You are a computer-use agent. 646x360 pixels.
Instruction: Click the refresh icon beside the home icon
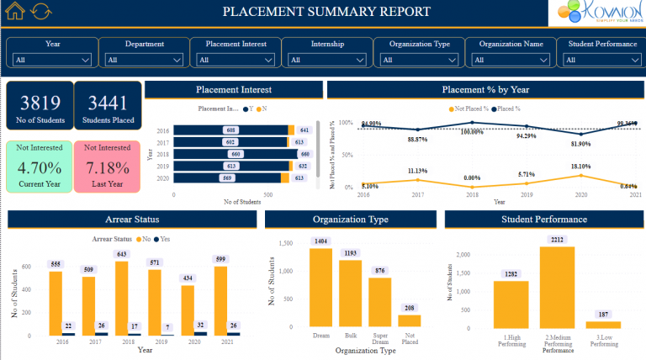[x=40, y=12]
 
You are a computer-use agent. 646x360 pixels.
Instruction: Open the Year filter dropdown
[x=52, y=60]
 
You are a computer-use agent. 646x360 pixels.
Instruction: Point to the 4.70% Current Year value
[x=40, y=167]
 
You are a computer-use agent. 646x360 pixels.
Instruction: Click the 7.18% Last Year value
[x=108, y=167]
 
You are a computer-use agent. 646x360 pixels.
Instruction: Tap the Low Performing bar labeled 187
[x=603, y=324]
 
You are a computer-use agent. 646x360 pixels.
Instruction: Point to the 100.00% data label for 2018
[x=473, y=131]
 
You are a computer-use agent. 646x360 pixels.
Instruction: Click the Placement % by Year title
[x=484, y=89]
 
